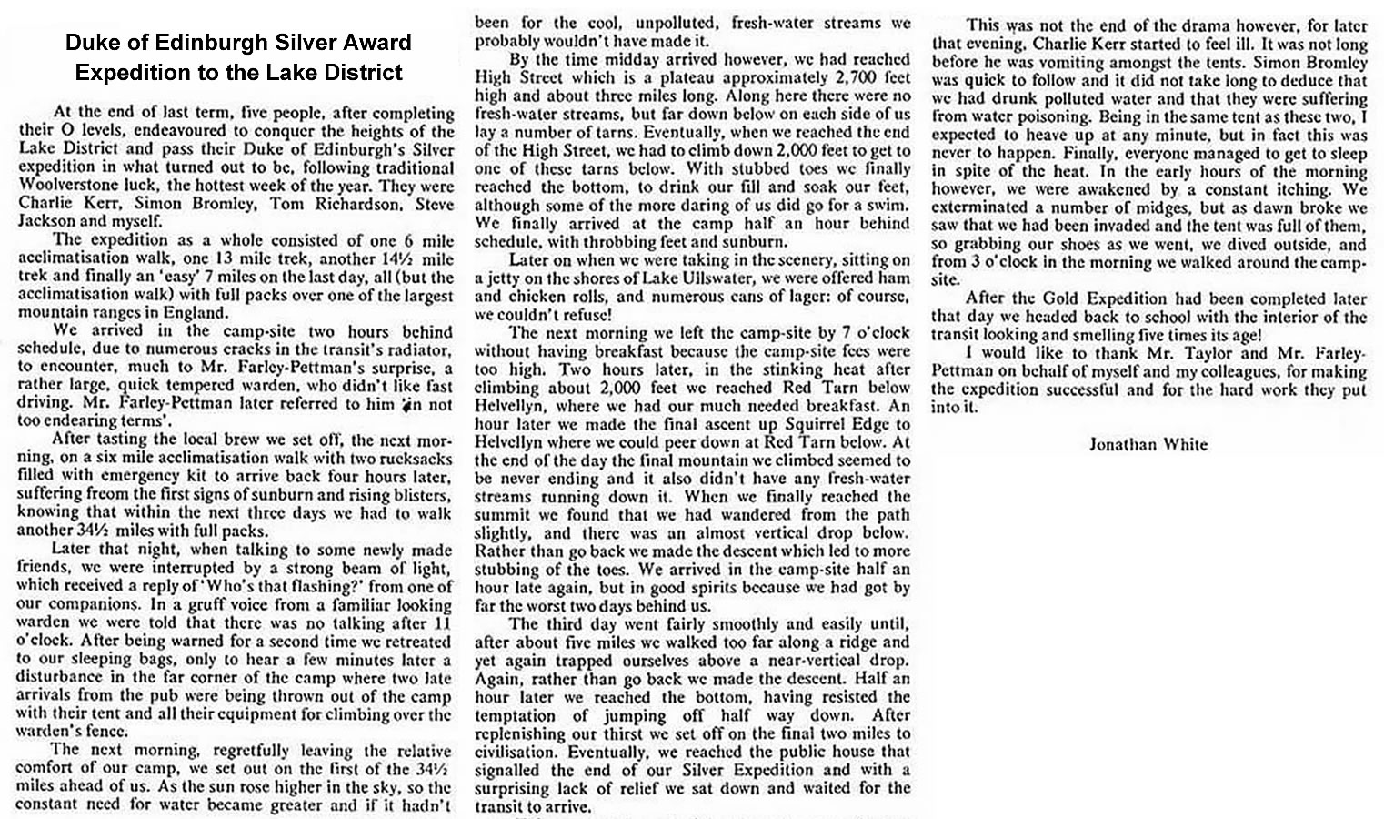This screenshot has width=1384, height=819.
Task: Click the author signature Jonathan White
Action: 1148,444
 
